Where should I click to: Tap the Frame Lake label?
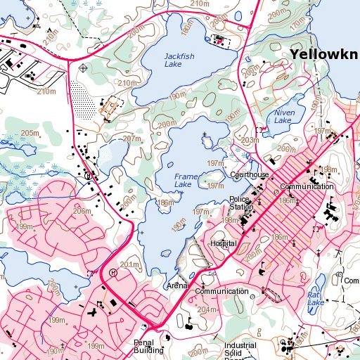tap(182, 181)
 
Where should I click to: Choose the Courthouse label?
tap(249, 175)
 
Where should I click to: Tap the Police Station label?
tap(240, 203)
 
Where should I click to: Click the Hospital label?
tap(224, 243)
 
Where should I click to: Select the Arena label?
tap(176, 286)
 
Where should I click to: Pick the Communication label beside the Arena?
tap(221, 291)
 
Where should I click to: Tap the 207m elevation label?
tap(132, 139)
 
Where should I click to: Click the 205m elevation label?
tap(30, 133)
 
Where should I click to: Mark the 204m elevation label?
tap(207, 309)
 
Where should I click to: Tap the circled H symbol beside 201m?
tap(112, 272)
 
